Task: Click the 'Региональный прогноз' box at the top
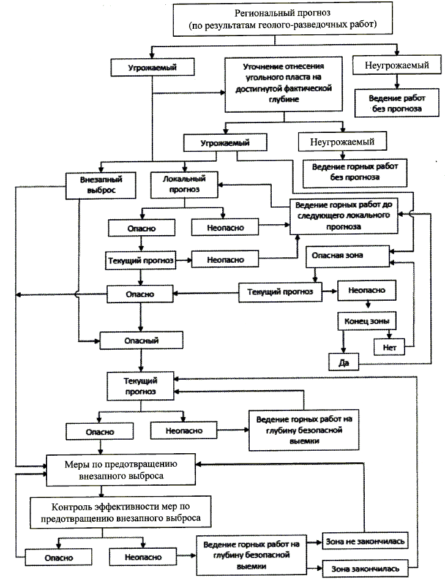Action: click(x=283, y=20)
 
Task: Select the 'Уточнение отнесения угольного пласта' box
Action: click(x=283, y=84)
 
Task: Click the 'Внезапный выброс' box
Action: click(x=102, y=185)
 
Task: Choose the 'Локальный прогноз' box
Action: click(x=184, y=185)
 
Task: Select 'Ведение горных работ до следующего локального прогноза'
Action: click(x=343, y=215)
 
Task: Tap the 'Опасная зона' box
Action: click(x=346, y=255)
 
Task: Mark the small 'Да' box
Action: click(x=343, y=362)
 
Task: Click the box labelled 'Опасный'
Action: click(x=142, y=339)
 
